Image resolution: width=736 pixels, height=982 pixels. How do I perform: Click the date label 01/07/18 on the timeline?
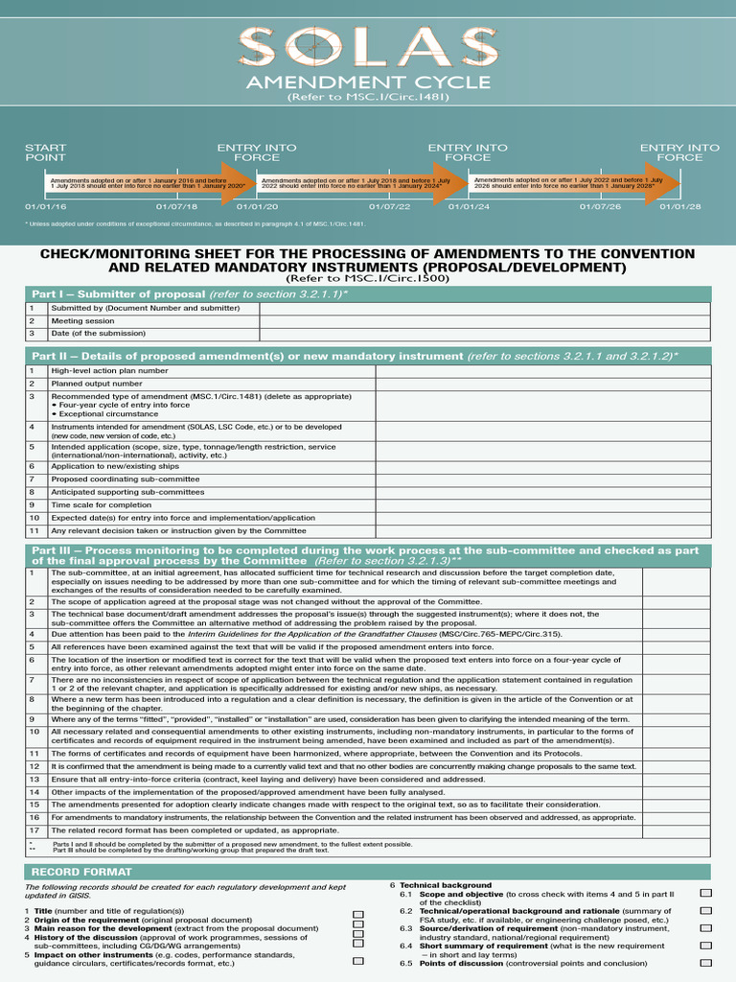pyautogui.click(x=176, y=206)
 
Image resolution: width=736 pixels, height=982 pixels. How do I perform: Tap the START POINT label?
pyautogui.click(x=45, y=152)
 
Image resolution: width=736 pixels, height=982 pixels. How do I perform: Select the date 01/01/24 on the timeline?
pyautogui.click(x=469, y=206)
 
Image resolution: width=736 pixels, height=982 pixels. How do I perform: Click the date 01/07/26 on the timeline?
pyautogui.click(x=601, y=206)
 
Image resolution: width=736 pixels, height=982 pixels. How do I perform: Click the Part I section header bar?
pyautogui.click(x=368, y=293)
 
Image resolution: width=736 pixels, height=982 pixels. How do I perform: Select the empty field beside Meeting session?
pyautogui.click(x=485, y=321)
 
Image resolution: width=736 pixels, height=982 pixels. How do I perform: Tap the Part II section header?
pyautogui.click(x=368, y=356)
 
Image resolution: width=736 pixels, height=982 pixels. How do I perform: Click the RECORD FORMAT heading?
pyautogui.click(x=68, y=872)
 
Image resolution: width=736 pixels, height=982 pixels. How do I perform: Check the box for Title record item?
pyautogui.click(x=358, y=911)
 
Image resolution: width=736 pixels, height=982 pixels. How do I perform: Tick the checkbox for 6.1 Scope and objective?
pyautogui.click(x=706, y=894)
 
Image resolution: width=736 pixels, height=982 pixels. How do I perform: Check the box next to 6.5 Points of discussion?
pyautogui.click(x=706, y=963)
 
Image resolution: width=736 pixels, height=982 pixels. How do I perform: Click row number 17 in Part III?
pyautogui.click(x=33, y=830)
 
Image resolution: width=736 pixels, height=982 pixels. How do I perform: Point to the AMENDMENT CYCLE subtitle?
pyautogui.click(x=368, y=82)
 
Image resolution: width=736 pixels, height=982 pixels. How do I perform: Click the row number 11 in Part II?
pyautogui.click(x=33, y=530)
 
